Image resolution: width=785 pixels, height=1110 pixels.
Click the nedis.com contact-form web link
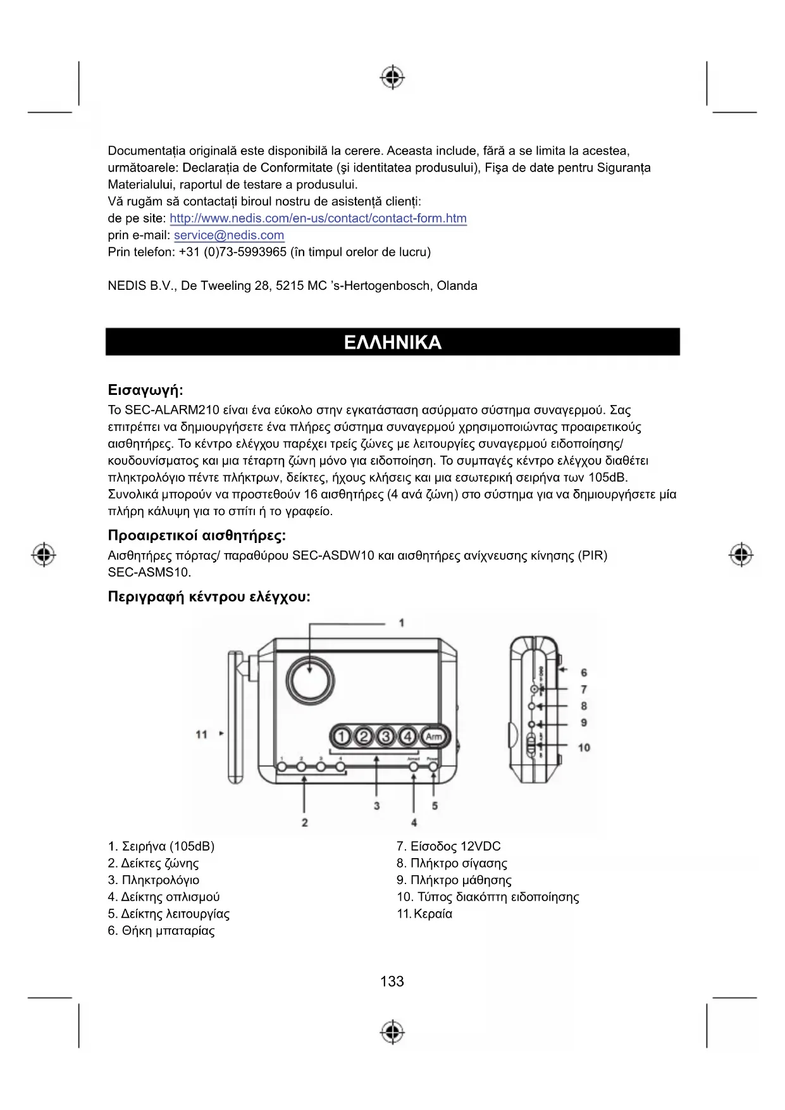pos(318,218)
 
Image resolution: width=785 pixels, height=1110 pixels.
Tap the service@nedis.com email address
pos(229,235)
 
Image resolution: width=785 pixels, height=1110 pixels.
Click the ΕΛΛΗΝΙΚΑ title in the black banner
pos(392,342)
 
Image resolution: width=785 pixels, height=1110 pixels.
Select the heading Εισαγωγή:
pos(145,390)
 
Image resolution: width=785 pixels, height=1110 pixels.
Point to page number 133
pos(392,981)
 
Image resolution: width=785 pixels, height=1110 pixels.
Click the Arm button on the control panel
pos(433,737)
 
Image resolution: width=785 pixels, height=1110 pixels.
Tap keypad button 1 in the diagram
pos(342,737)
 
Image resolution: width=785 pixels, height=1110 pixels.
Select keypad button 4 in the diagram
pos(408,737)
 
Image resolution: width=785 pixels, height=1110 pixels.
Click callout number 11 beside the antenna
pos(201,734)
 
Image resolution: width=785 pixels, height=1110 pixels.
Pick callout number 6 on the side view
pos(584,673)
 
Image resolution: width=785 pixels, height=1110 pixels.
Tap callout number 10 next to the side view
pos(584,747)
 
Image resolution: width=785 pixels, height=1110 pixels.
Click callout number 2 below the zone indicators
pos(305,822)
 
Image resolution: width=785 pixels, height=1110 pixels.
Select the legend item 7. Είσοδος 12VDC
pos(448,847)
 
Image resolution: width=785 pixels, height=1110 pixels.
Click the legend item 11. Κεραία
pos(424,914)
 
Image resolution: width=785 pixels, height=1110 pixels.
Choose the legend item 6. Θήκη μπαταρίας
pos(161,931)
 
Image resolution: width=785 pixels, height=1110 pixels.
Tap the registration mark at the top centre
pos(392,77)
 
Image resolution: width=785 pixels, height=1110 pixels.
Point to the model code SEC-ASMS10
pos(149,573)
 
